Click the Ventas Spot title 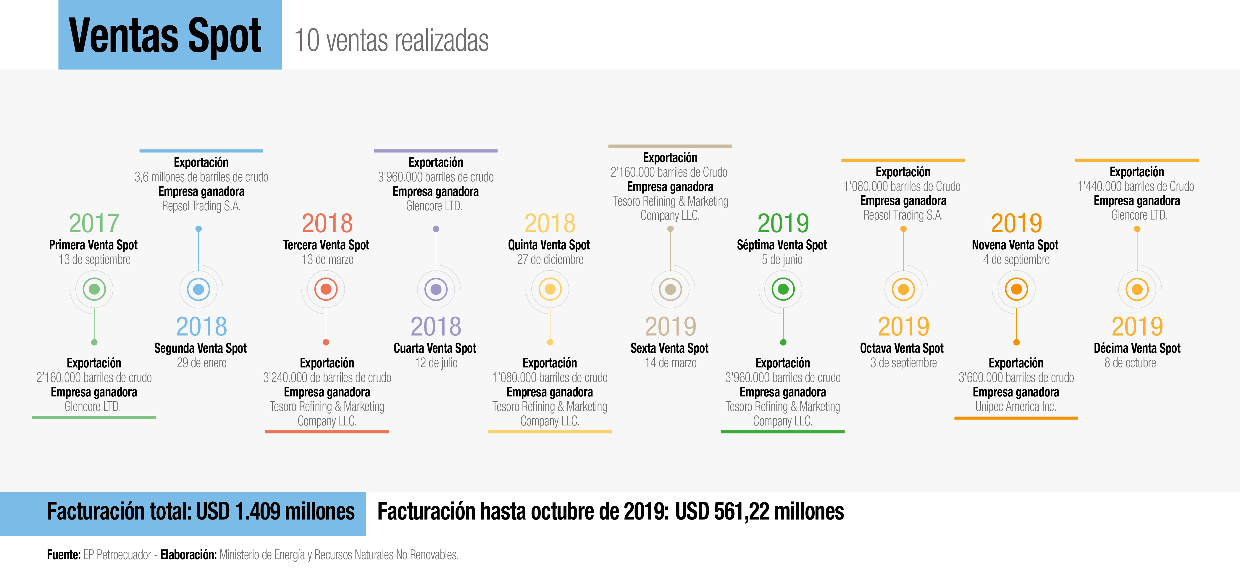coord(165,36)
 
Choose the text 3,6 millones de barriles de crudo coord(201,177)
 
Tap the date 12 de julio coord(436,363)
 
